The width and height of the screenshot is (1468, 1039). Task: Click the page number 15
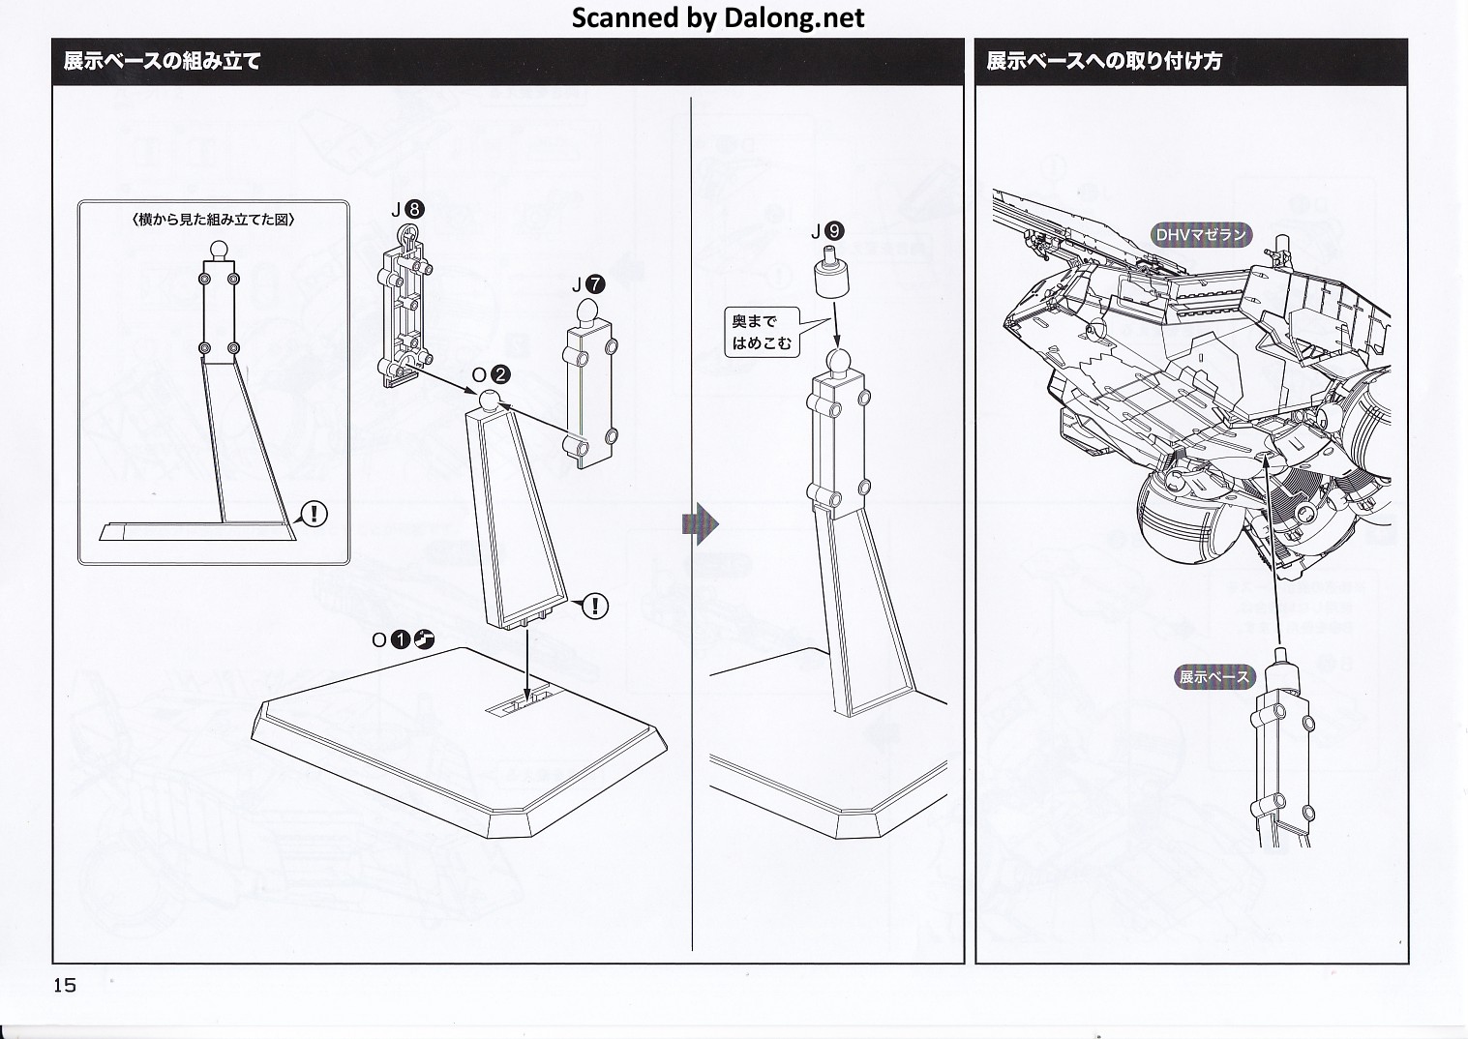(x=65, y=985)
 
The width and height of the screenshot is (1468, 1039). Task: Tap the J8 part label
(x=406, y=209)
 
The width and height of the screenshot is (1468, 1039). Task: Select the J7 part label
(x=587, y=284)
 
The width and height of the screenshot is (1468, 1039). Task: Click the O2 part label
(x=491, y=374)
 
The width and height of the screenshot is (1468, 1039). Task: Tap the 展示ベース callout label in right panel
(x=1214, y=677)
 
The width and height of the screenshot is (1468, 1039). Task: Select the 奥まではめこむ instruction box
(x=762, y=332)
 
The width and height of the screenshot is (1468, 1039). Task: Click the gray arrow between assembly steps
(x=701, y=524)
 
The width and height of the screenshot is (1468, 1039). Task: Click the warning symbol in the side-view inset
(x=315, y=514)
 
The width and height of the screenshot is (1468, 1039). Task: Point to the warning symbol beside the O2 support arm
(x=595, y=607)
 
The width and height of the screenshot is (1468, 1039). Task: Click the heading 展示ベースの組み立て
(x=163, y=61)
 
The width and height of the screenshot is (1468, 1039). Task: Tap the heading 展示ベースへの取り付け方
(x=1103, y=61)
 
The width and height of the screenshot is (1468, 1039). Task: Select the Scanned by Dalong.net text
(x=717, y=17)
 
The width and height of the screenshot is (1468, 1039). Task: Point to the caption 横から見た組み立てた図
(x=213, y=220)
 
